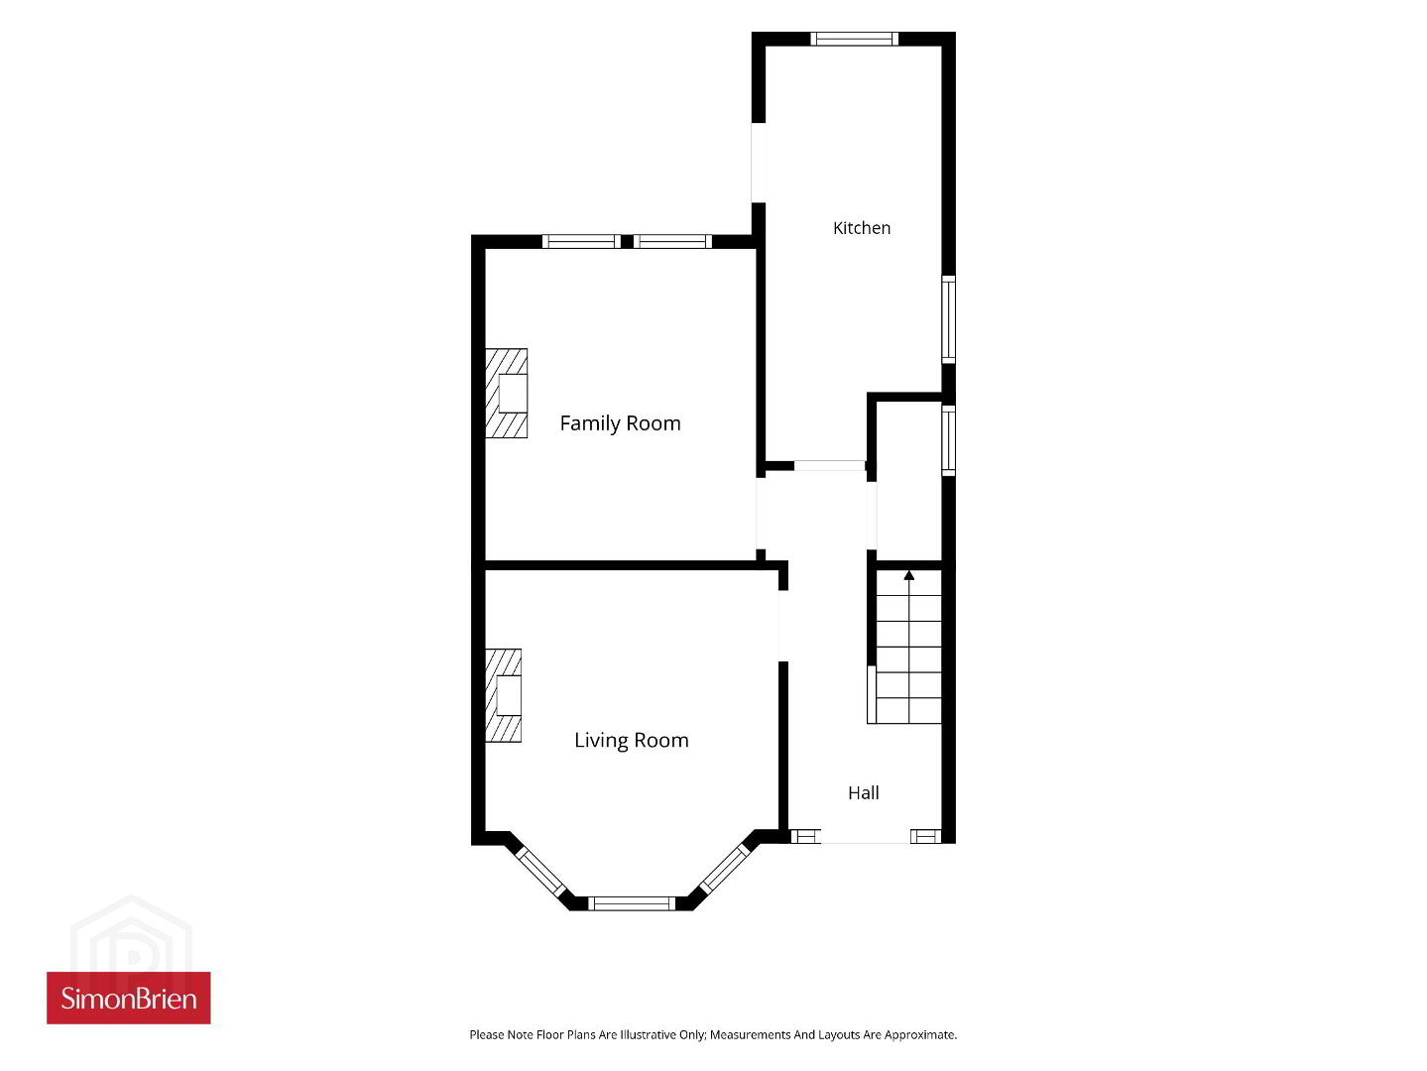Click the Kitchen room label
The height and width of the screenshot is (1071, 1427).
coord(862,227)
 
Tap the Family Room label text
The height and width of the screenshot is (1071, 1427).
coord(620,423)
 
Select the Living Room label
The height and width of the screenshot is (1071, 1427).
coord(632,740)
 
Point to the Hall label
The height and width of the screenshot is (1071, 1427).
coord(864,793)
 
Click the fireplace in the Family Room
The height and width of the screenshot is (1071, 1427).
coord(507,393)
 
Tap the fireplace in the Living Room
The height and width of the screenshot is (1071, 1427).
coord(503,695)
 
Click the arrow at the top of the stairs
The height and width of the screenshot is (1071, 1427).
coord(909,575)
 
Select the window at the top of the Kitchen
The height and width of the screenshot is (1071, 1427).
coord(854,39)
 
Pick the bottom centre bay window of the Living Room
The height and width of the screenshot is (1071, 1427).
coord(632,903)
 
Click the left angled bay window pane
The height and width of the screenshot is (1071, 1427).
coord(540,873)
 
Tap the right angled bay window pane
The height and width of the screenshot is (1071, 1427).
coord(725,868)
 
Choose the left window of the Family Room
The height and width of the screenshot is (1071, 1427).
coord(581,242)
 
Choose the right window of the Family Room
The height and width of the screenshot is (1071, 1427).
coord(673,242)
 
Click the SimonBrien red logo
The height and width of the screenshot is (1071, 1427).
coord(129,998)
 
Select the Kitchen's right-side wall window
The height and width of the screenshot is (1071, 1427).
coord(948,319)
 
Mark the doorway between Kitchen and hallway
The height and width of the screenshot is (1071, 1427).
coord(830,465)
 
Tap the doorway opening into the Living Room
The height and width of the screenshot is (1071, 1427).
coord(783,626)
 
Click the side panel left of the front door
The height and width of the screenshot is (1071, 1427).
coord(805,836)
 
